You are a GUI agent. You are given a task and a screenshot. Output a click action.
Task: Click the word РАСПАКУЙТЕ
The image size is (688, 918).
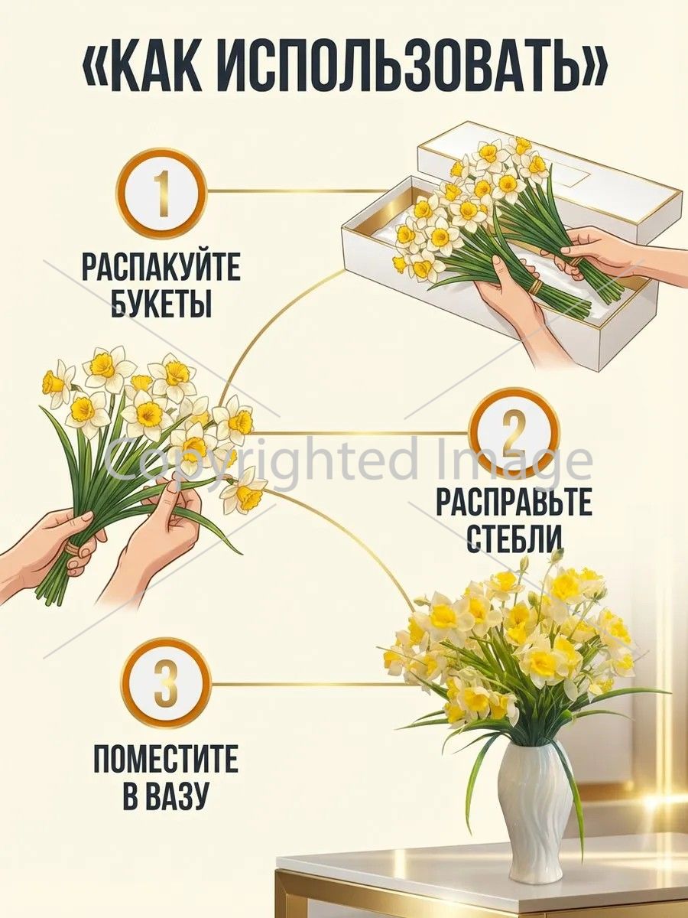(x=161, y=265)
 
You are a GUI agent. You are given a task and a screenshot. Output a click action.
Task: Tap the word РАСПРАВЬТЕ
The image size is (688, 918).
(x=514, y=503)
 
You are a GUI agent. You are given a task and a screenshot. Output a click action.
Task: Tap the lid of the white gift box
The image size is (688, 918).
(x=551, y=174)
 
